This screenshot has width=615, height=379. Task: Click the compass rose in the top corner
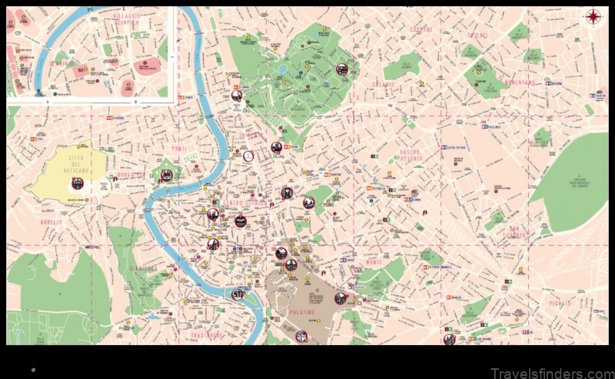(x=593, y=17)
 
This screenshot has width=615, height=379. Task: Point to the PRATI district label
(x=179, y=148)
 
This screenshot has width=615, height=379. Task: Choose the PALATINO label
(x=303, y=312)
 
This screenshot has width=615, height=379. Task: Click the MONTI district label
(x=374, y=263)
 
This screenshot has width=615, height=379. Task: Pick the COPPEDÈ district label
(x=422, y=29)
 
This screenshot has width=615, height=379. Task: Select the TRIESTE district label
(x=478, y=35)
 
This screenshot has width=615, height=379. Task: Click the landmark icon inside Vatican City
(x=77, y=183)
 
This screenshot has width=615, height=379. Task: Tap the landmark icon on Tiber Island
(x=238, y=294)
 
